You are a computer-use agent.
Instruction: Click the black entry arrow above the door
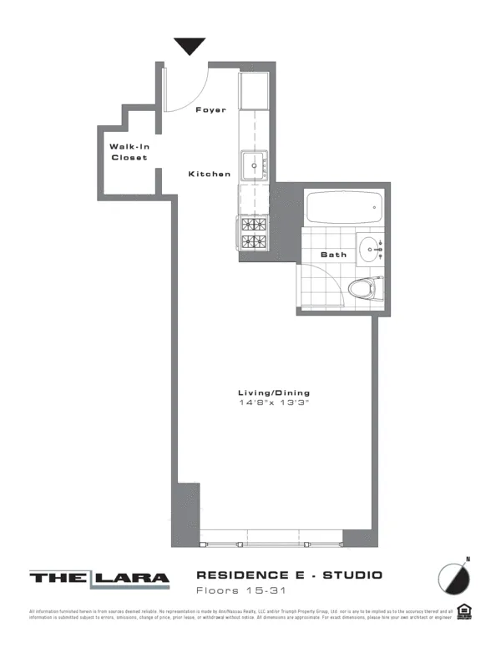coord(190,46)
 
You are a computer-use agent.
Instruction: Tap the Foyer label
coord(210,110)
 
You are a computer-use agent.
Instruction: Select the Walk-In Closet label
coord(129,152)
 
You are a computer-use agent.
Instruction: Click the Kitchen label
coord(209,174)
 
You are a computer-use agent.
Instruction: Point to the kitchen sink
coord(254,165)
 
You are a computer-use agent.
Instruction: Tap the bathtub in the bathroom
coord(343,206)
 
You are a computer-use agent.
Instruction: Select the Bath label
coord(334,255)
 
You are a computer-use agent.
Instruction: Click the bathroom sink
coord(370,247)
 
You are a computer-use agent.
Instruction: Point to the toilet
coord(365,290)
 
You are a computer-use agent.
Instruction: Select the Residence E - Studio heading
coord(289,575)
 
